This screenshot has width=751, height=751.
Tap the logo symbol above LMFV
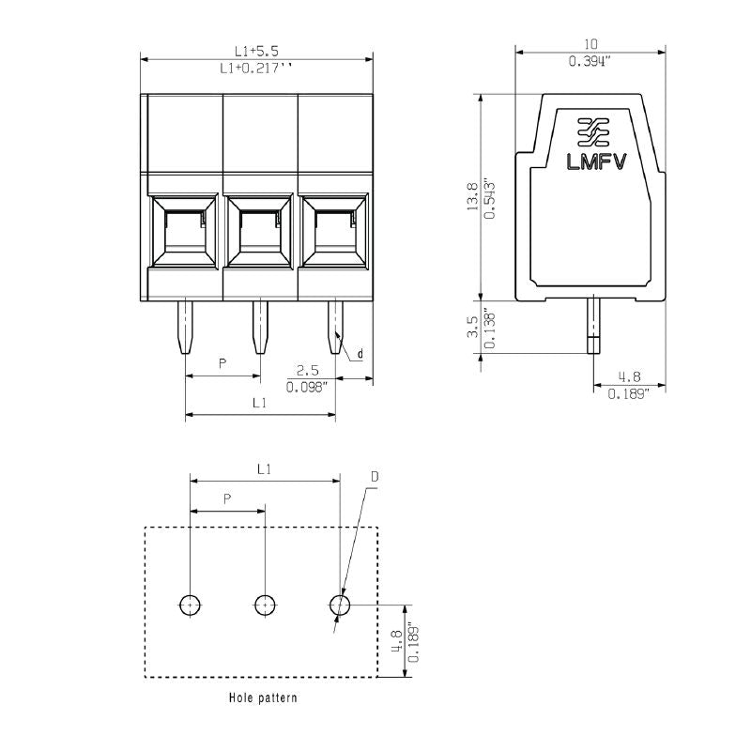(592, 132)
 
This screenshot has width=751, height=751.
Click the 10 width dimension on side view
(590, 44)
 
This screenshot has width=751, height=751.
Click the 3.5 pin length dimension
(473, 326)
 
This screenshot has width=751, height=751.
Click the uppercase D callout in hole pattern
(374, 477)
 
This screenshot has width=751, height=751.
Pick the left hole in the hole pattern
(191, 605)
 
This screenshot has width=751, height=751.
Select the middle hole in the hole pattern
(266, 605)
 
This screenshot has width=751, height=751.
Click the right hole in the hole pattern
(340, 605)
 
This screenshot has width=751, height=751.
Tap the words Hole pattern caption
(263, 697)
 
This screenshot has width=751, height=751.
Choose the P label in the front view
(222, 362)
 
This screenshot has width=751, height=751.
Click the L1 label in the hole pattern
(265, 467)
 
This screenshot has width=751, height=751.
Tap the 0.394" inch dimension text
(590, 61)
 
